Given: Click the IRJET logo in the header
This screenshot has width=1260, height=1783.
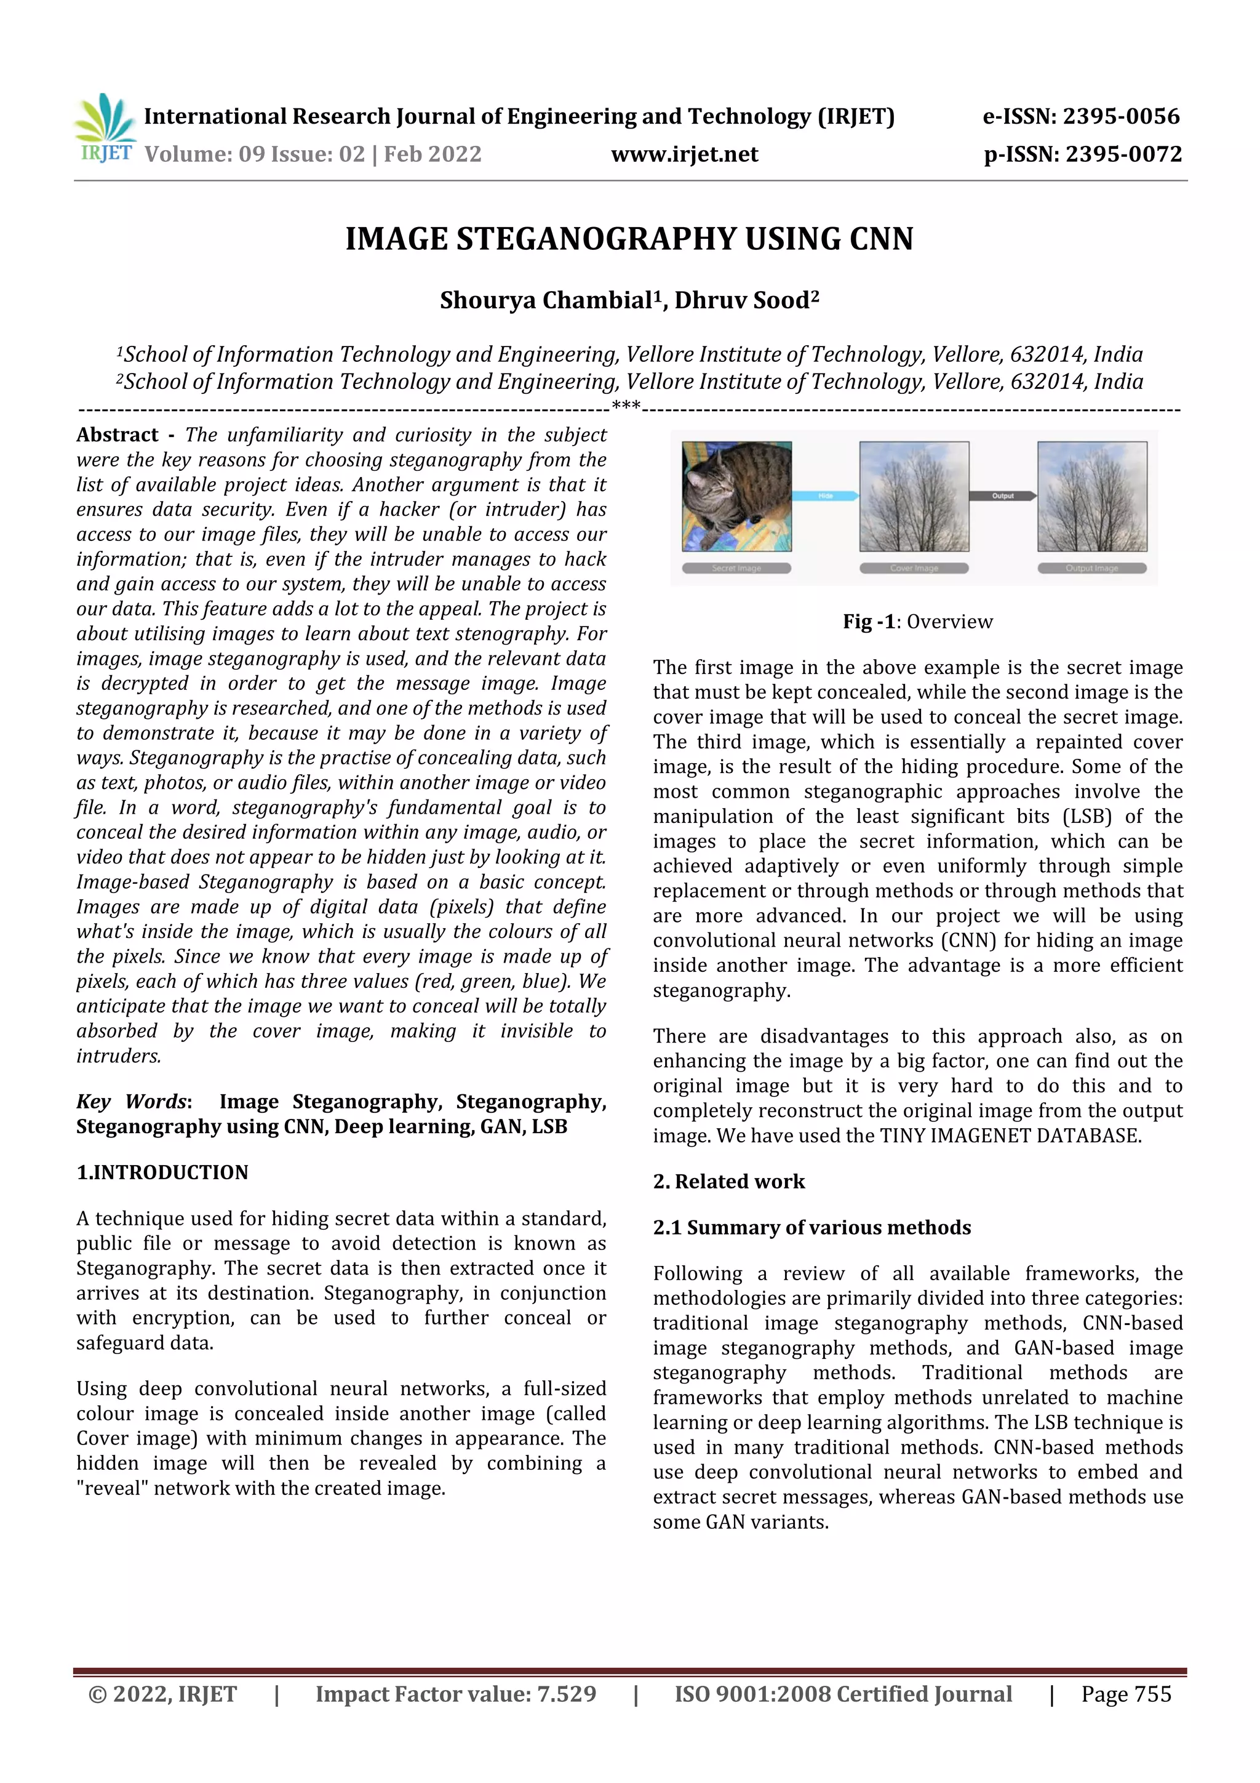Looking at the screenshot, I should tap(105, 128).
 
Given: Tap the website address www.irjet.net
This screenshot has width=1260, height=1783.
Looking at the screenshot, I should tap(684, 154).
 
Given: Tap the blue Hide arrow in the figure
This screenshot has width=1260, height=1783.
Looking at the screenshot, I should tap(825, 495).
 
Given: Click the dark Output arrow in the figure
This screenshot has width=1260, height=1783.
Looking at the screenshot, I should tap(1002, 495).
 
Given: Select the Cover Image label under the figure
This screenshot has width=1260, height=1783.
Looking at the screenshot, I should tap(914, 569).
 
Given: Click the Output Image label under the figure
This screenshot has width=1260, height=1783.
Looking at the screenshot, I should tap(1091, 569).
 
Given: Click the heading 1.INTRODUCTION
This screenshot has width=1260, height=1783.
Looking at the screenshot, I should tap(162, 1172).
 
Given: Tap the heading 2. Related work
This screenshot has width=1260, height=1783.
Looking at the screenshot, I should tap(728, 1181).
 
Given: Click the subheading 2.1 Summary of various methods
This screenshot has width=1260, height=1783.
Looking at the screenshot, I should tap(811, 1227).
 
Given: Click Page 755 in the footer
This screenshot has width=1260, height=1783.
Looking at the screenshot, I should tap(1126, 1694).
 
